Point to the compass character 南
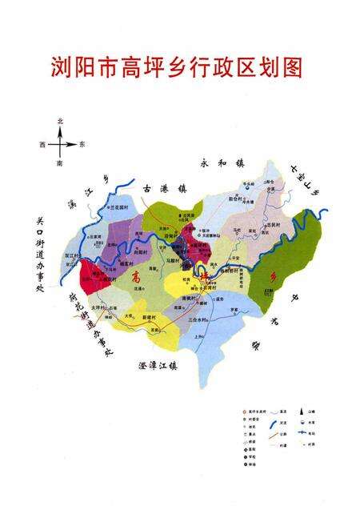point(59,163)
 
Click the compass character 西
point(41,145)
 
